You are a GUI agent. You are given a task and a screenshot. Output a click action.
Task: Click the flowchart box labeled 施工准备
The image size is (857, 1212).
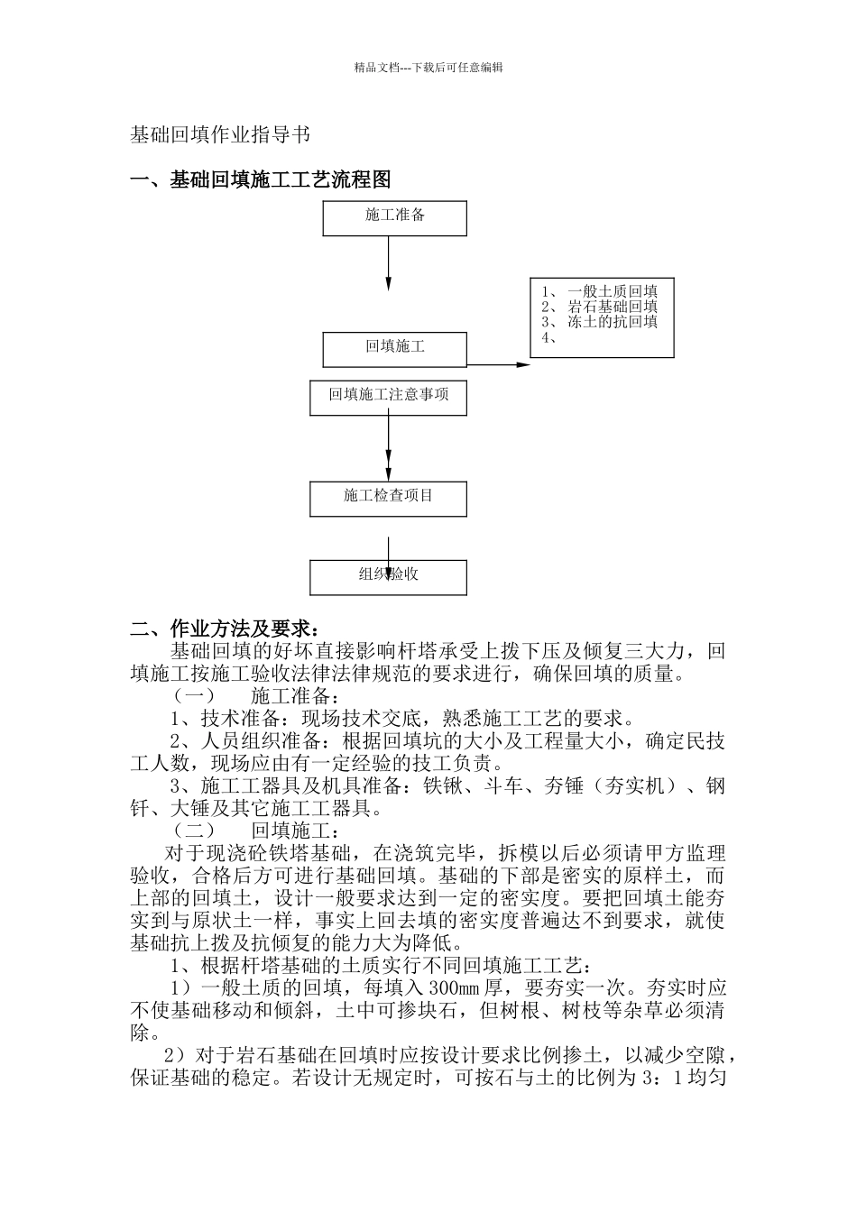coord(394,218)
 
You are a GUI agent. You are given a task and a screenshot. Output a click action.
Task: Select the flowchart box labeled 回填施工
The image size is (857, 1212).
coord(394,349)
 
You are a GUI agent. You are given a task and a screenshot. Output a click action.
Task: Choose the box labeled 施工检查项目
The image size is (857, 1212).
coord(388,498)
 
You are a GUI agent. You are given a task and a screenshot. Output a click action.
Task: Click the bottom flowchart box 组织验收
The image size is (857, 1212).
coord(388,577)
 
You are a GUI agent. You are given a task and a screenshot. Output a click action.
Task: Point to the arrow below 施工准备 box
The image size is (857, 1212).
coord(389,262)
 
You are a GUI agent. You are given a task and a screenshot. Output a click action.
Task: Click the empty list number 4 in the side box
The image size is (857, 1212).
coord(548,337)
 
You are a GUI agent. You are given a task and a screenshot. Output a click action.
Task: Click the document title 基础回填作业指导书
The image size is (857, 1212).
coord(220,135)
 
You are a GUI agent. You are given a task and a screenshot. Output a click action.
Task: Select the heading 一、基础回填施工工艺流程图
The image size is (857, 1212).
coord(261,180)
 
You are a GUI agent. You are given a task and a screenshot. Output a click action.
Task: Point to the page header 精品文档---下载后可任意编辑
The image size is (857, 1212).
coord(428,67)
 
